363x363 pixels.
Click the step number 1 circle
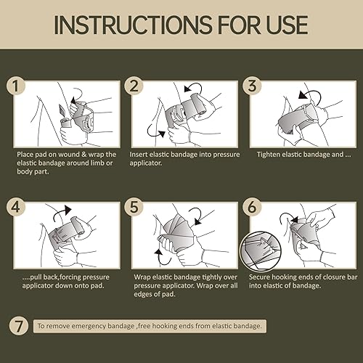[x=16, y=86]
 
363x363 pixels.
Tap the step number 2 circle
[x=134, y=86]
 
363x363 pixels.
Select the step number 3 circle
[x=252, y=86]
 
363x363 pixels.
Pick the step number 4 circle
[x=16, y=207]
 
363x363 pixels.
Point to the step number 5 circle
[x=134, y=207]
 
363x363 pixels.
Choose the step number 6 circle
[x=252, y=207]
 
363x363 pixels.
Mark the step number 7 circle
[x=19, y=326]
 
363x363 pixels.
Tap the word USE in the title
[x=287, y=25]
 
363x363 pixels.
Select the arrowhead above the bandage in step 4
[x=68, y=210]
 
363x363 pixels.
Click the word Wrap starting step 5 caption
[x=142, y=277]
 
